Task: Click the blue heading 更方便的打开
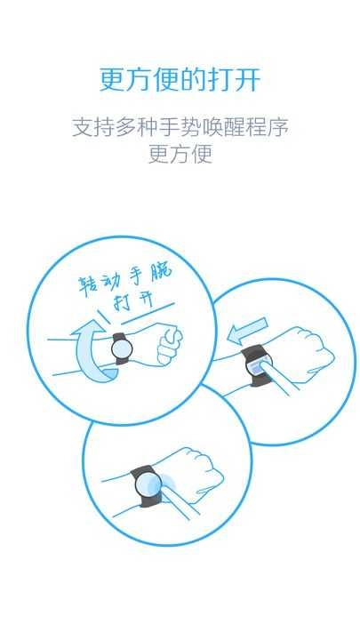point(180,80)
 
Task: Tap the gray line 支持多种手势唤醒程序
point(180,127)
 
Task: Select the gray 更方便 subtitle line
point(180,154)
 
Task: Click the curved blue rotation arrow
point(93,356)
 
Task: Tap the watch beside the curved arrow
point(120,348)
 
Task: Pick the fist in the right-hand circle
point(311,351)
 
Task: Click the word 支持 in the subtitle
point(93,127)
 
